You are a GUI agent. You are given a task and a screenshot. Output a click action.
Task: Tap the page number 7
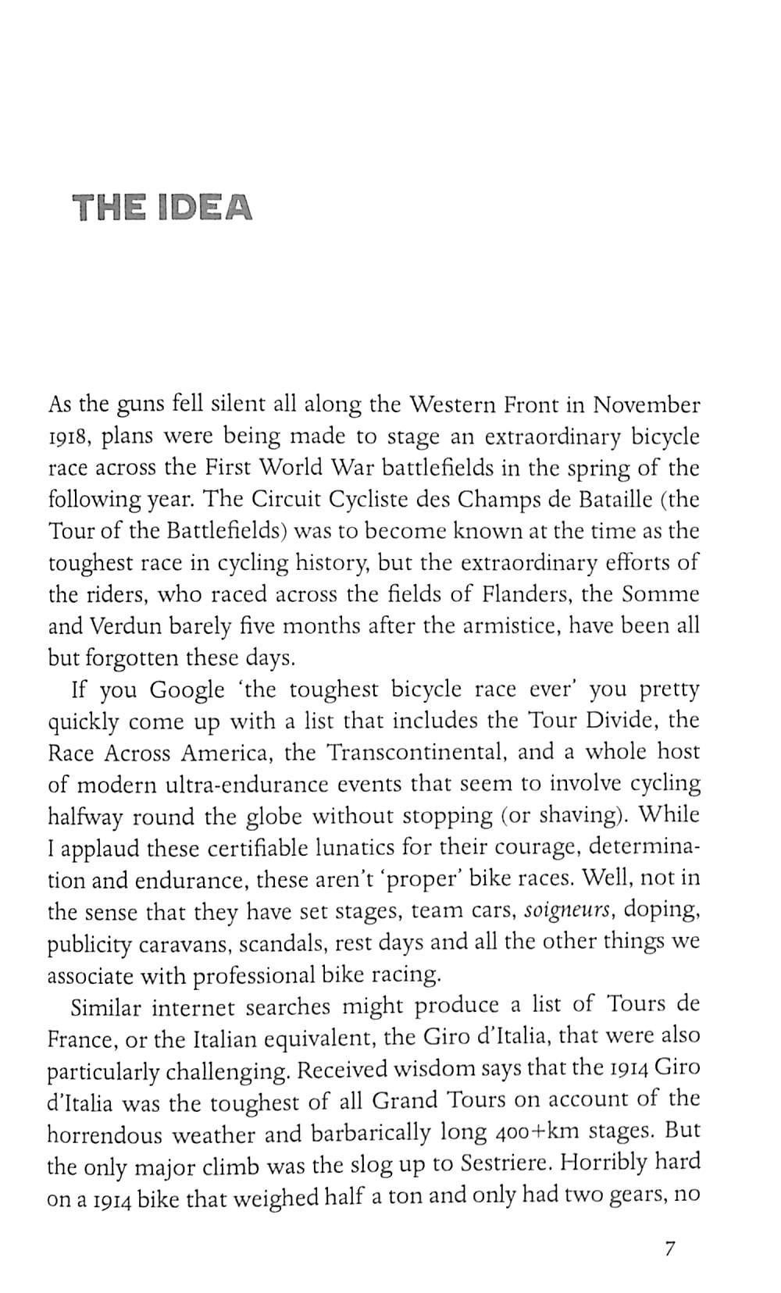coord(669,1248)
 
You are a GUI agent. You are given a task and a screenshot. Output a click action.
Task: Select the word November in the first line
coord(646,405)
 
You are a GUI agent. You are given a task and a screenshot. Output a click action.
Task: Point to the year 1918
coord(71,437)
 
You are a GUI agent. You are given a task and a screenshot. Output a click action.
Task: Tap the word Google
coord(187,690)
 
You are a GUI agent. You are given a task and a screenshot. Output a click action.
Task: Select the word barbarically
coord(371,1132)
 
